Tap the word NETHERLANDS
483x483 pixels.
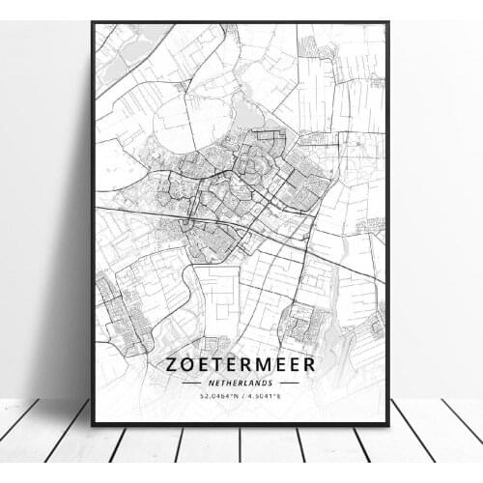point(241,383)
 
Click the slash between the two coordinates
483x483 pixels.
point(241,395)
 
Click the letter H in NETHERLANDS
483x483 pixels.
point(228,383)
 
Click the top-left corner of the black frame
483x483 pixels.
point(92,22)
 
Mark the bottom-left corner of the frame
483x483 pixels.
point(92,424)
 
